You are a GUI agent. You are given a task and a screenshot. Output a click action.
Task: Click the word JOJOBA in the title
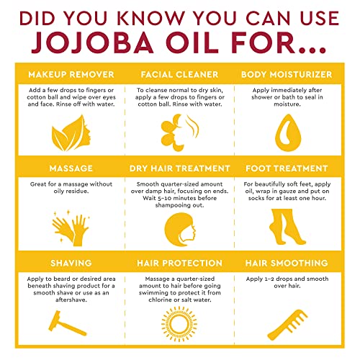tap(92, 42)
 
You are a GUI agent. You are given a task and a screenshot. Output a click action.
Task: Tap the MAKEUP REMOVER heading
tap(71, 75)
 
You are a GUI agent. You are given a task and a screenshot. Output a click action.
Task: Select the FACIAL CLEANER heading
tap(179, 75)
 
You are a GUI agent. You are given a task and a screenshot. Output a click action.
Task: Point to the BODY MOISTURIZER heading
tap(287, 75)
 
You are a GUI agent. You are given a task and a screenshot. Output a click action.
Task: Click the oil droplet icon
tap(288, 132)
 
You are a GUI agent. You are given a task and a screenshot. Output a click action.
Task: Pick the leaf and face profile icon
tap(71, 133)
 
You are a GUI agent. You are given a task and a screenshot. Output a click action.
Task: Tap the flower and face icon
tap(179, 132)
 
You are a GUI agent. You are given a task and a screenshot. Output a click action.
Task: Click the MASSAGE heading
tap(71, 168)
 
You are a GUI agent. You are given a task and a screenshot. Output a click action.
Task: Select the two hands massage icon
tap(71, 228)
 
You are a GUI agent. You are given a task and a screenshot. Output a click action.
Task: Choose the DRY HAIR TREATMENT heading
tap(180, 168)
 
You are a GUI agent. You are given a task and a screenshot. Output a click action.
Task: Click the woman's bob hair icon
tap(180, 230)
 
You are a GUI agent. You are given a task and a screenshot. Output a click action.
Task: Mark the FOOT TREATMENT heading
tap(287, 168)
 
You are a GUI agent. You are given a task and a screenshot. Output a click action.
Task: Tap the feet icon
tap(287, 227)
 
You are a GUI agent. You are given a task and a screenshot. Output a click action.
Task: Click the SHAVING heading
tap(71, 263)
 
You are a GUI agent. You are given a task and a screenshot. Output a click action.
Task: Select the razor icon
tap(67, 323)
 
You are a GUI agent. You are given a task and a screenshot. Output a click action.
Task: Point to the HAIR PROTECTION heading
tap(179, 263)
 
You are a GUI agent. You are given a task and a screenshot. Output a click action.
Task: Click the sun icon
tap(179, 324)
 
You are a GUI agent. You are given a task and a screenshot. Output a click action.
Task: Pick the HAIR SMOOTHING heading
tap(287, 263)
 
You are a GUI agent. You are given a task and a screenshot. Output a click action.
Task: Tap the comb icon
tap(287, 325)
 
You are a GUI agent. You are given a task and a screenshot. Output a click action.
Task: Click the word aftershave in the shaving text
tap(71, 300)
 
